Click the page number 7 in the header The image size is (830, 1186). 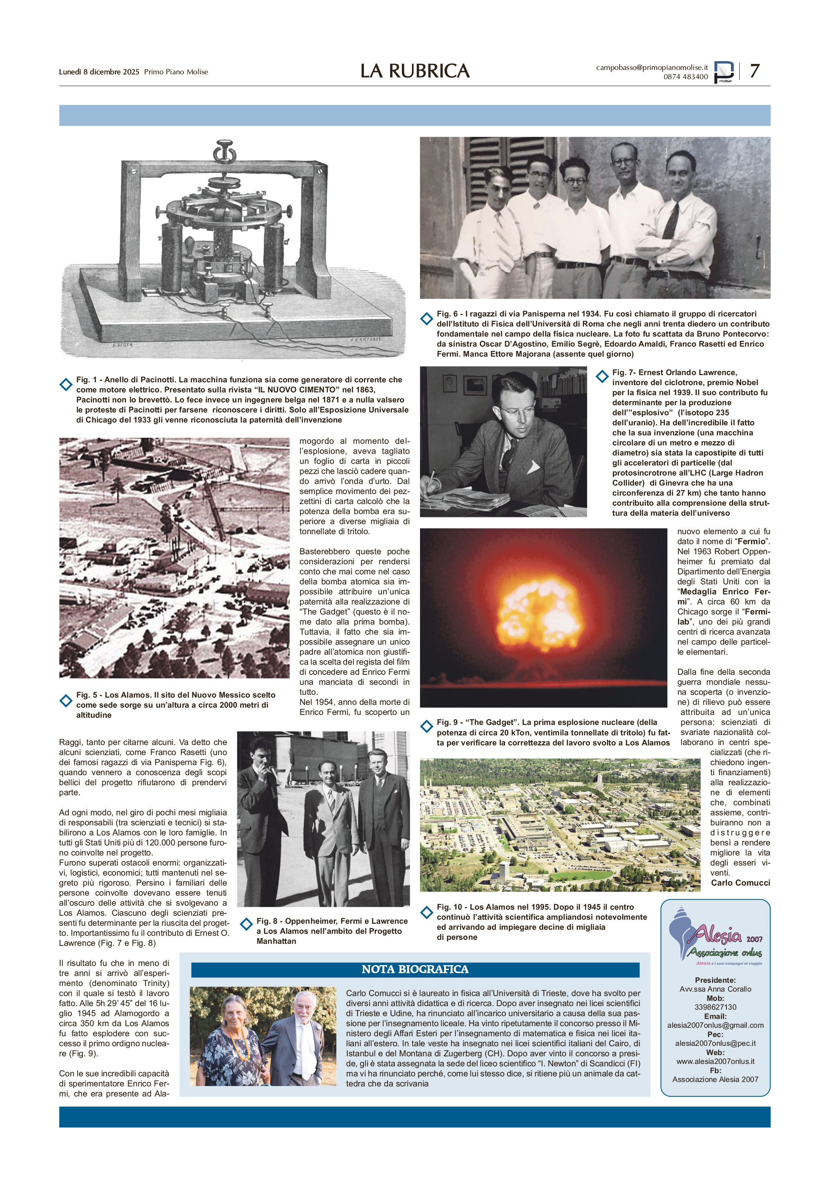pos(754,71)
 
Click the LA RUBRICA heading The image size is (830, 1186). pos(415,71)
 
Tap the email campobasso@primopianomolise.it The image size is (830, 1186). pos(652,67)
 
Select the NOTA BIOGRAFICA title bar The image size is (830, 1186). pos(415,970)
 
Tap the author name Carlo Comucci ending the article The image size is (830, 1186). pos(740,883)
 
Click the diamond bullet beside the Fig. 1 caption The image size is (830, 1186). pos(65,384)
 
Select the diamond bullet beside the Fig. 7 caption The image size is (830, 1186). pos(602,377)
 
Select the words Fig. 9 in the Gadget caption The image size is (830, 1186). pos(447,722)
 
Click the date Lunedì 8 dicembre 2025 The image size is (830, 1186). pos(99,72)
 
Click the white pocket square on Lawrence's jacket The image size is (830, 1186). pos(532,467)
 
